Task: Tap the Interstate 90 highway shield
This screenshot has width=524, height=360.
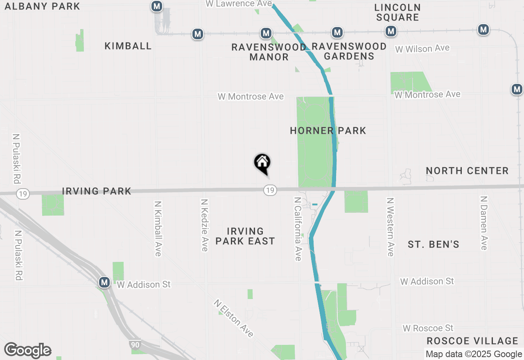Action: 135,345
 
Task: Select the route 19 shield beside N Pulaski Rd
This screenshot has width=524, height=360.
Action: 23,193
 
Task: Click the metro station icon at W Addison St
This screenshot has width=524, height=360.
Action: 104,282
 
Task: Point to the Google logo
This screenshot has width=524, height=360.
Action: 27,351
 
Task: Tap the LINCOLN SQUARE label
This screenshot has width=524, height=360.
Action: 397,12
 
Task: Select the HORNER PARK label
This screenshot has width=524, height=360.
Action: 328,130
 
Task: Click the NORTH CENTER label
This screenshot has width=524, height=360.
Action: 467,171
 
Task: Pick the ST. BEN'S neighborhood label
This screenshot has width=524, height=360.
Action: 434,245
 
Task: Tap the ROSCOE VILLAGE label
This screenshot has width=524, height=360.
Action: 472,341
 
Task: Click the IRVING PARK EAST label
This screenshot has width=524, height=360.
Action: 245,236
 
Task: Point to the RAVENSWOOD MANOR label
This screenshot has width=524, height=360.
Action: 269,52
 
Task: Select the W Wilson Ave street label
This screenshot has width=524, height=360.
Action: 422,49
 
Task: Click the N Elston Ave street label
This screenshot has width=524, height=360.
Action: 233,318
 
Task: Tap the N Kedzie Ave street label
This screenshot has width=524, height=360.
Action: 204,225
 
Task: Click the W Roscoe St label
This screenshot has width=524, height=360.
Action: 428,328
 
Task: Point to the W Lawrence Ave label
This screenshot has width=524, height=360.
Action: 238,4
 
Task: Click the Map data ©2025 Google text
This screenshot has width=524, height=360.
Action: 474,354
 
